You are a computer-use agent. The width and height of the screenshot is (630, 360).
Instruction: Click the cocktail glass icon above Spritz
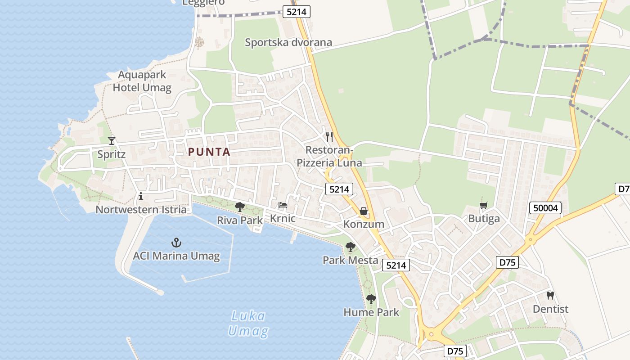(x=112, y=140)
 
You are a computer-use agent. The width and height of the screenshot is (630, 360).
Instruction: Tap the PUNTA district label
(x=209, y=152)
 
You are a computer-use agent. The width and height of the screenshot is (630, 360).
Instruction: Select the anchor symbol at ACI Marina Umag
(x=176, y=243)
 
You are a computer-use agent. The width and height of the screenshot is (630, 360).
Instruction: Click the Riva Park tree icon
(x=240, y=207)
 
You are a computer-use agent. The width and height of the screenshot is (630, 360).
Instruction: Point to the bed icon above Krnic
(x=283, y=205)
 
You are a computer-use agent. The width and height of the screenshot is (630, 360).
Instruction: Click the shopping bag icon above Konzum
(x=364, y=211)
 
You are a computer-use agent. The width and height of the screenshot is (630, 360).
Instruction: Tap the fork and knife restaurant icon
(x=329, y=136)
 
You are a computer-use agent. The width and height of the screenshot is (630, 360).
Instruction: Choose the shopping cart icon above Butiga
(x=484, y=206)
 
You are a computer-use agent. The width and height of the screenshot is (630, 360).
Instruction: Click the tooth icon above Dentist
(x=550, y=296)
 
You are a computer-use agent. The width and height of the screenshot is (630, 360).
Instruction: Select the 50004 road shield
(x=545, y=208)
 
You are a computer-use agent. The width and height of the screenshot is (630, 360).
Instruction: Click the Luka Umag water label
(x=248, y=324)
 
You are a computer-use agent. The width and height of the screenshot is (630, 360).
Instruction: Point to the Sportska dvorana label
(x=288, y=42)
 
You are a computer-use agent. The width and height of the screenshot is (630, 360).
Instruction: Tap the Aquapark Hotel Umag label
(x=142, y=81)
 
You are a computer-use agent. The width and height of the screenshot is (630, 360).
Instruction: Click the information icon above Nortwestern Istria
(x=141, y=196)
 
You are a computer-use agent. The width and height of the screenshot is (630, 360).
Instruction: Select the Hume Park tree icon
(x=371, y=299)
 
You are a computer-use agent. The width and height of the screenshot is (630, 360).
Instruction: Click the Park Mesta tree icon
(x=351, y=247)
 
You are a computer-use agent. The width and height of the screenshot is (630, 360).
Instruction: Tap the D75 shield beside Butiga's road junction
(x=508, y=262)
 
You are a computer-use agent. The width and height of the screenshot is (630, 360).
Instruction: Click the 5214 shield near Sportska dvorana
(x=296, y=12)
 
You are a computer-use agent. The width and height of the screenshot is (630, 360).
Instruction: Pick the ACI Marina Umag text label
(x=176, y=256)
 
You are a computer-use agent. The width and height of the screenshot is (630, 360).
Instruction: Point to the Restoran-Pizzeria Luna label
(x=329, y=156)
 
